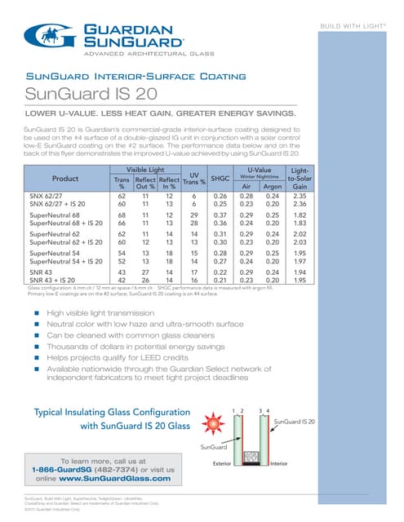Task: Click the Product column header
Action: click(x=64, y=154)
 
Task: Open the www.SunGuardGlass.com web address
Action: click(x=122, y=479)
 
